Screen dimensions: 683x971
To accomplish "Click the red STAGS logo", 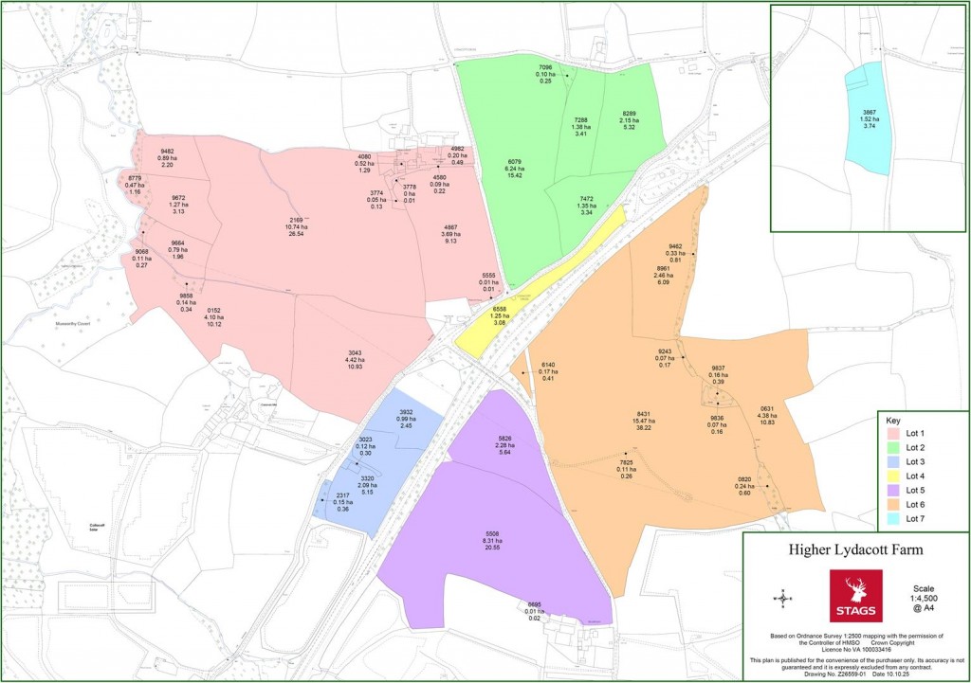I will tap(855, 596).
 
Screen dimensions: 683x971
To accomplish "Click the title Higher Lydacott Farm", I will tap(855, 550).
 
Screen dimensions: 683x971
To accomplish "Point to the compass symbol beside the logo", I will tap(783, 597).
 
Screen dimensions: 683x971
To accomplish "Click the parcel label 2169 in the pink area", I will tap(297, 220).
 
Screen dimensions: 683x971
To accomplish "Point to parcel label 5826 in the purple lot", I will tap(504, 438).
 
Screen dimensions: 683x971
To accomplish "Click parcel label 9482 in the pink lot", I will tap(167, 152).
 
